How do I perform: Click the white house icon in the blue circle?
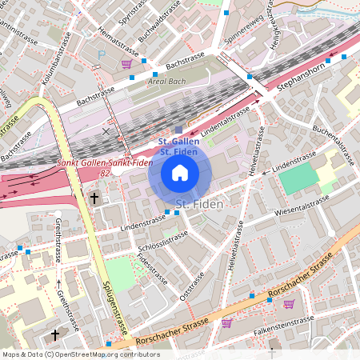pos(180,172)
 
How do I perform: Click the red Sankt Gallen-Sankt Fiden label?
pos(104,164)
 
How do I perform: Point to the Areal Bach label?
pos(167,82)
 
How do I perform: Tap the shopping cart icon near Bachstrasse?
pos(126,63)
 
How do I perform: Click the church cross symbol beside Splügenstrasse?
pos(94,197)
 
